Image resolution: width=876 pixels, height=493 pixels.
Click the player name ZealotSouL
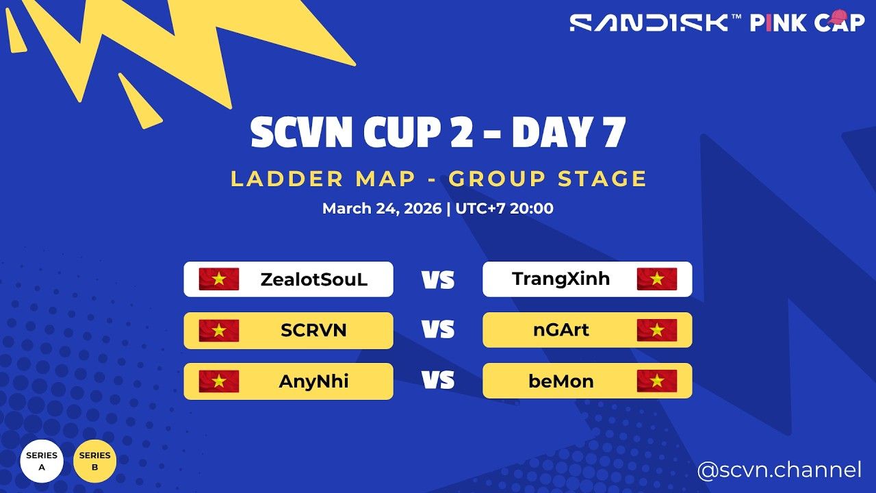click(x=313, y=279)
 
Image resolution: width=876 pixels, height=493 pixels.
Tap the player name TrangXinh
click(x=561, y=279)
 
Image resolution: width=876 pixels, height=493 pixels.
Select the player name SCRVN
click(x=313, y=331)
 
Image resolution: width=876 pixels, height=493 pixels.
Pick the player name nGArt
click(x=561, y=331)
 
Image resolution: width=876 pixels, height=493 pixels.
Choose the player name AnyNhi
click(x=313, y=381)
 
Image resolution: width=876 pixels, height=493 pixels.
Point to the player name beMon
click(x=561, y=381)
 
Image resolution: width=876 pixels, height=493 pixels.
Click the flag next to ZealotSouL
click(x=219, y=279)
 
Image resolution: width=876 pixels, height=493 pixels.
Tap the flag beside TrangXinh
click(x=657, y=279)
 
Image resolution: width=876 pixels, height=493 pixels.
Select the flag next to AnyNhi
click(x=219, y=381)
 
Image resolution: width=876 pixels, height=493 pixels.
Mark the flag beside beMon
click(x=657, y=381)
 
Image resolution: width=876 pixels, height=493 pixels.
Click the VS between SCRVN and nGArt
click(x=438, y=331)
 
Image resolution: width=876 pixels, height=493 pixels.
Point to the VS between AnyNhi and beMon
click(x=438, y=381)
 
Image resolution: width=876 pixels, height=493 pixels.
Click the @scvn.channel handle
click(x=779, y=470)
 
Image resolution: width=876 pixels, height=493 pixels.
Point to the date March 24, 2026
click(x=382, y=208)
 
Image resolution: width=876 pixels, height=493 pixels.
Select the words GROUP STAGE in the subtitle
click(x=547, y=179)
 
